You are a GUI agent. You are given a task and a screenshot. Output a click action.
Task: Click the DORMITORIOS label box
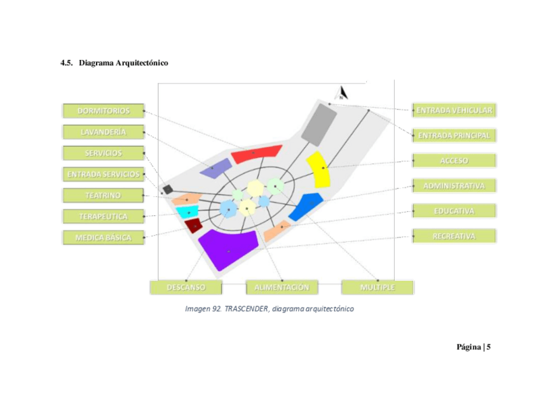click(103, 111)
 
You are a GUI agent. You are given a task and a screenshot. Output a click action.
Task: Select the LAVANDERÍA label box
click(103, 132)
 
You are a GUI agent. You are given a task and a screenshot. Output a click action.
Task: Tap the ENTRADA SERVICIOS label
click(103, 174)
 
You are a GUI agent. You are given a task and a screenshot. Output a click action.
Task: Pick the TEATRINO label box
click(103, 195)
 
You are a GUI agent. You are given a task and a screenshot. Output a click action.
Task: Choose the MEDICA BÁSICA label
click(103, 237)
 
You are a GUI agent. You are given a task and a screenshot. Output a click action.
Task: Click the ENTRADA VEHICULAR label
click(454, 110)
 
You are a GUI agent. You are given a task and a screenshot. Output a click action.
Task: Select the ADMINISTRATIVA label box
click(454, 186)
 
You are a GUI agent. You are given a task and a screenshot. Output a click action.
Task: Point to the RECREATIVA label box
click(454, 236)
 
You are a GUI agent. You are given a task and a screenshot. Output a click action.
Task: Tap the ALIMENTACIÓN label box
click(282, 287)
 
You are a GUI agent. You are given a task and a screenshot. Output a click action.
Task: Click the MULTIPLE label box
click(377, 287)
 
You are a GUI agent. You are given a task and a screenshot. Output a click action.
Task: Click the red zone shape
click(256, 153)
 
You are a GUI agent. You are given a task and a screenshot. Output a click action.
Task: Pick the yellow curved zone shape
click(318, 169)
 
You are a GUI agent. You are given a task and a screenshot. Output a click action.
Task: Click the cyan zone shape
click(188, 211)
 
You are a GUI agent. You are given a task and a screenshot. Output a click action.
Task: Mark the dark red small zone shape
click(193, 225)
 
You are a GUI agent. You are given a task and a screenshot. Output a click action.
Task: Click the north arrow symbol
click(343, 94)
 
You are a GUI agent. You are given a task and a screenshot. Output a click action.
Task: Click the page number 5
click(488, 347)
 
